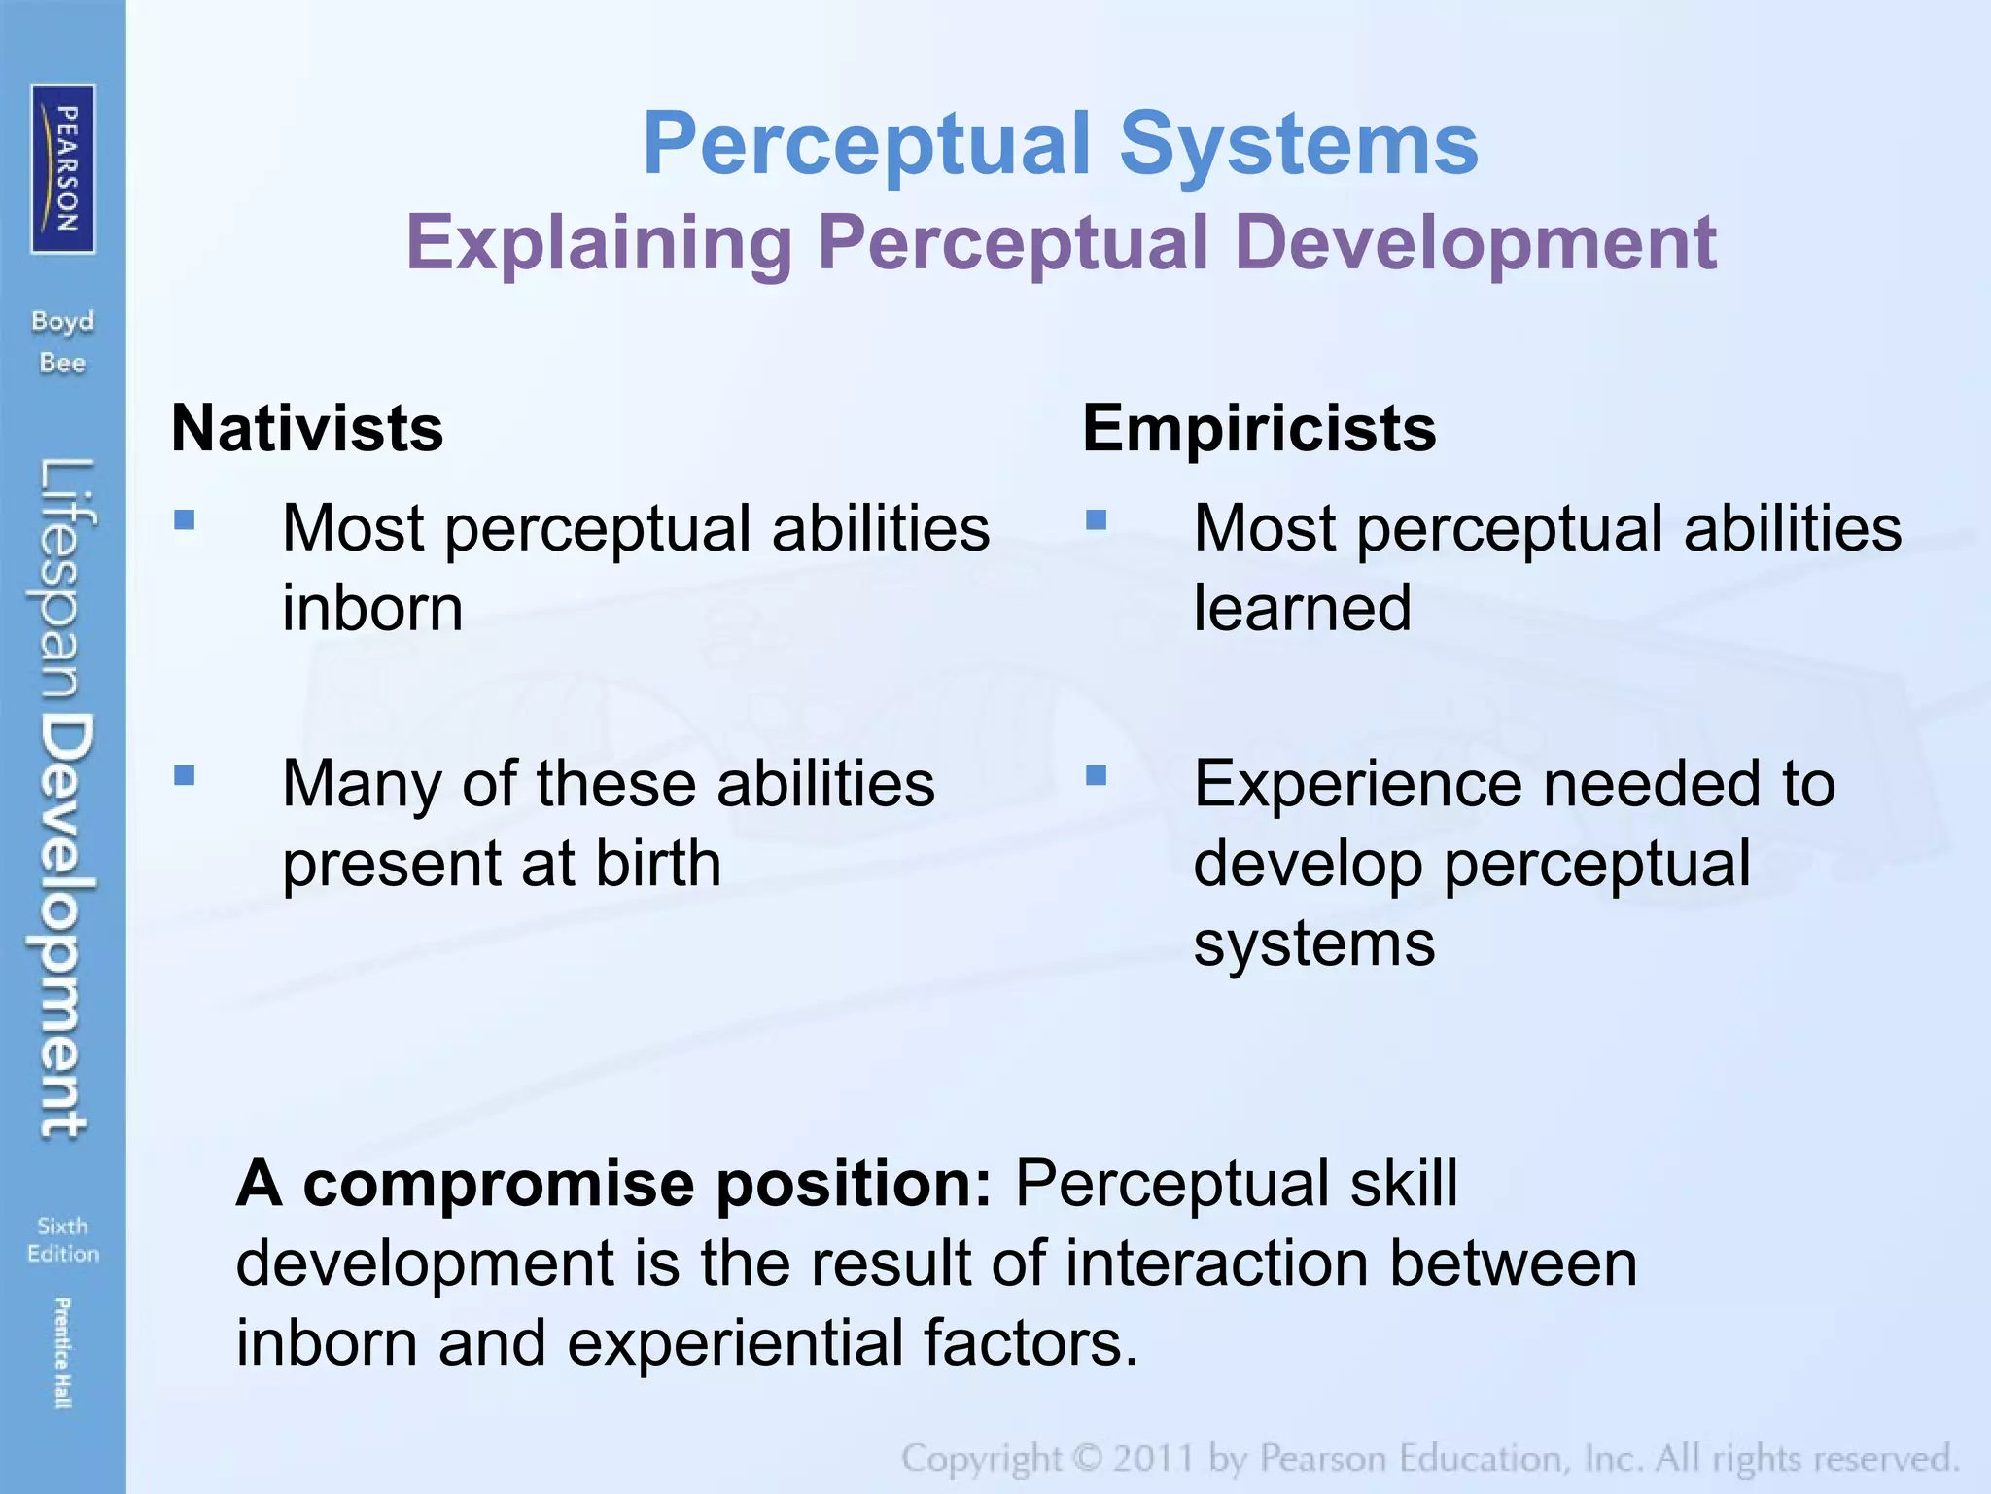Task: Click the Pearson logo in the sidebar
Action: pyautogui.click(x=63, y=168)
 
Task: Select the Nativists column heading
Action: pyautogui.click(x=307, y=428)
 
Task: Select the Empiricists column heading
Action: pyautogui.click(x=1259, y=428)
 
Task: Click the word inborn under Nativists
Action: pyautogui.click(x=372, y=609)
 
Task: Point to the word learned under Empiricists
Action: pyautogui.click(x=1302, y=609)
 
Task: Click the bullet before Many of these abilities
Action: pyautogui.click(x=185, y=775)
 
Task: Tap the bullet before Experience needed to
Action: pyautogui.click(x=1097, y=775)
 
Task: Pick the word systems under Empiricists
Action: pyautogui.click(x=1313, y=943)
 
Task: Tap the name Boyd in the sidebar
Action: pyautogui.click(x=63, y=321)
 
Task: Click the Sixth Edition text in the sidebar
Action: pyautogui.click(x=63, y=1239)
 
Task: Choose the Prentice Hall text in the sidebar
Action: pyautogui.click(x=62, y=1352)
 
